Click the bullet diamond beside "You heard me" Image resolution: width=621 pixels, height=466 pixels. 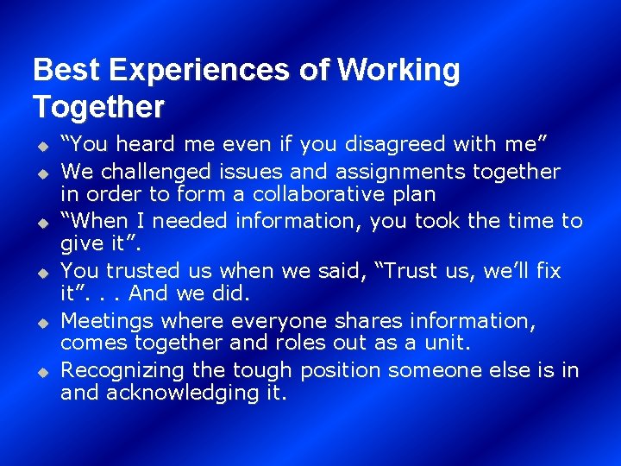pyautogui.click(x=39, y=145)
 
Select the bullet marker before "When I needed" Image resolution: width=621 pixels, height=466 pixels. pyautogui.click(x=39, y=222)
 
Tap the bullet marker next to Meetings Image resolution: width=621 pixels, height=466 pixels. pyautogui.click(x=39, y=322)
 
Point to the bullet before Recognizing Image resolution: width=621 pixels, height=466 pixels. pyautogui.click(x=39, y=372)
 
